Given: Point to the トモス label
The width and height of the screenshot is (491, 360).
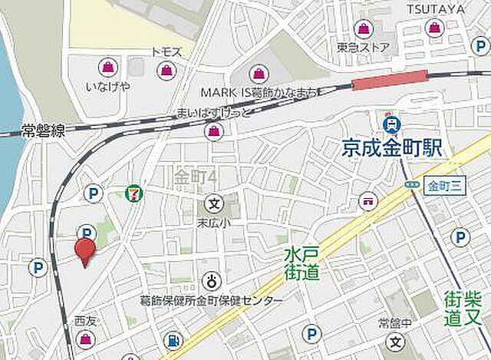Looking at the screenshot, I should coord(166,51).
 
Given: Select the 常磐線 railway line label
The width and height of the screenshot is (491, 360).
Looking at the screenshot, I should coord(42,131).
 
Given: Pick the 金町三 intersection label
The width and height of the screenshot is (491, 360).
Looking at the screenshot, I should coord(442,186).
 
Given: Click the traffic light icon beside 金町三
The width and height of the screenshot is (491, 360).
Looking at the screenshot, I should coord(410,186).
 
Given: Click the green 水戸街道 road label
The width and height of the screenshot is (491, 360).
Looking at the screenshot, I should coord(292,263).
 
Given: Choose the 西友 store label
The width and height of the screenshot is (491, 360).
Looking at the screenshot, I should coord(85,321).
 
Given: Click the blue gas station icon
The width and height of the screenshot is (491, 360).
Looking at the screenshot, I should coord(174,339).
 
